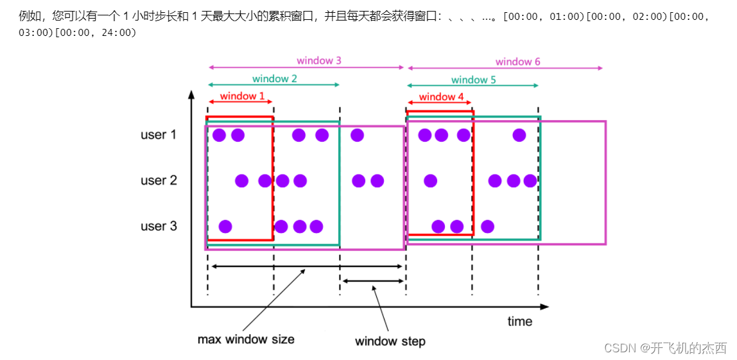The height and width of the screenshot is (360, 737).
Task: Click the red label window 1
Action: tap(242, 96)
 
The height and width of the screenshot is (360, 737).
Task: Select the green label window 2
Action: tap(274, 79)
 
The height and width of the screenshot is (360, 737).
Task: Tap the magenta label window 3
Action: tap(319, 61)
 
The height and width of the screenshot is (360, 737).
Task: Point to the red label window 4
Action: tap(441, 97)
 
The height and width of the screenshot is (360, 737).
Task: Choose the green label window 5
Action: tap(473, 80)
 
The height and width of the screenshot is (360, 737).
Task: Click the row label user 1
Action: tap(159, 135)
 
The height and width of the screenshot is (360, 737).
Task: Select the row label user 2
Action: tap(159, 180)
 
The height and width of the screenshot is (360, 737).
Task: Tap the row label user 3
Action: tap(159, 226)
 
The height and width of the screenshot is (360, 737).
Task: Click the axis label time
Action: tap(519, 321)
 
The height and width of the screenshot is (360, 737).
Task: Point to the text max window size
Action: tap(246, 339)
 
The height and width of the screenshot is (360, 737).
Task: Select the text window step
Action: tap(390, 341)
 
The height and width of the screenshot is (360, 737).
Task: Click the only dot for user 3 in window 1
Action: tap(225, 227)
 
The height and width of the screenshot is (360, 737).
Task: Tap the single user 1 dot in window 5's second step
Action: tap(519, 135)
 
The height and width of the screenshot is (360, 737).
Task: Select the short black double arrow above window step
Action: tap(373, 280)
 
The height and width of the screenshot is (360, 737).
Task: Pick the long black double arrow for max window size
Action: tap(306, 266)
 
